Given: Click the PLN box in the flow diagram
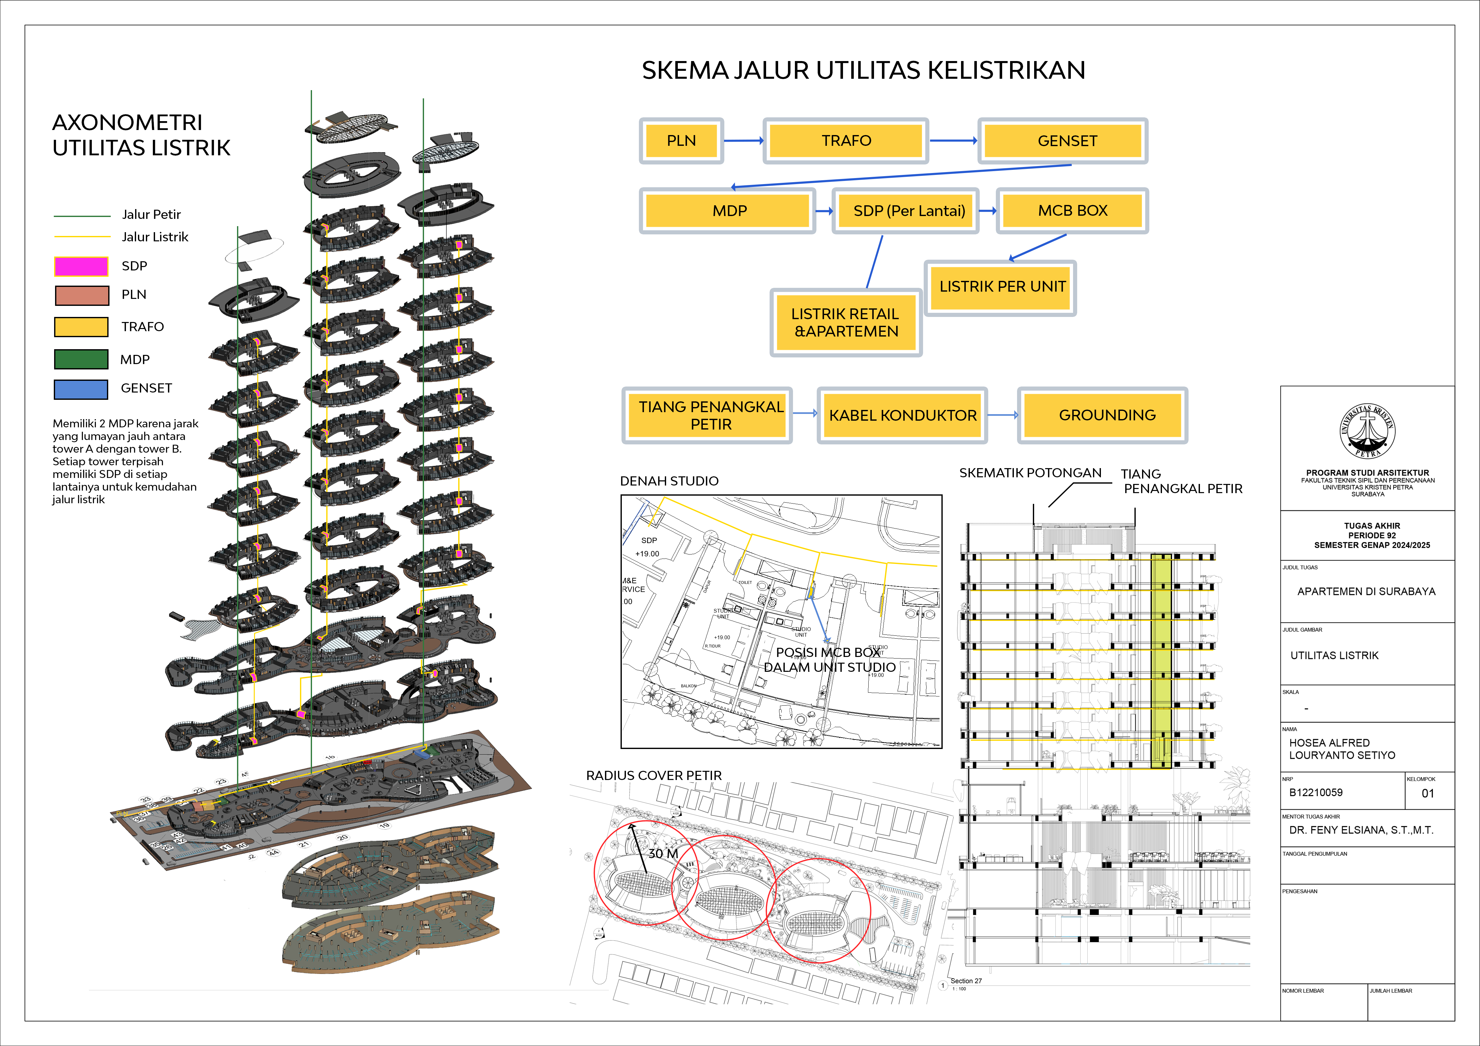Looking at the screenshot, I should tap(681, 140).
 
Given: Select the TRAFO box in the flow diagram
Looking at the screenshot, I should tap(846, 140).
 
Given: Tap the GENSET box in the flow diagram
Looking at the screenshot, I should tap(1063, 140).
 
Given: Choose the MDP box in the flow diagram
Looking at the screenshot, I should tap(728, 211).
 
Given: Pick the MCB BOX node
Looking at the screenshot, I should tap(1072, 211).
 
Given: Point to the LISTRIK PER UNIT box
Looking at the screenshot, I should tap(1000, 287).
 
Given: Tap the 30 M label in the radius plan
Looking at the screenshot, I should tap(663, 853).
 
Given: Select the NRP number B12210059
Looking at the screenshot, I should tap(1316, 793).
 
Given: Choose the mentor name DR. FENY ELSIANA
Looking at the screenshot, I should tap(1361, 830).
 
